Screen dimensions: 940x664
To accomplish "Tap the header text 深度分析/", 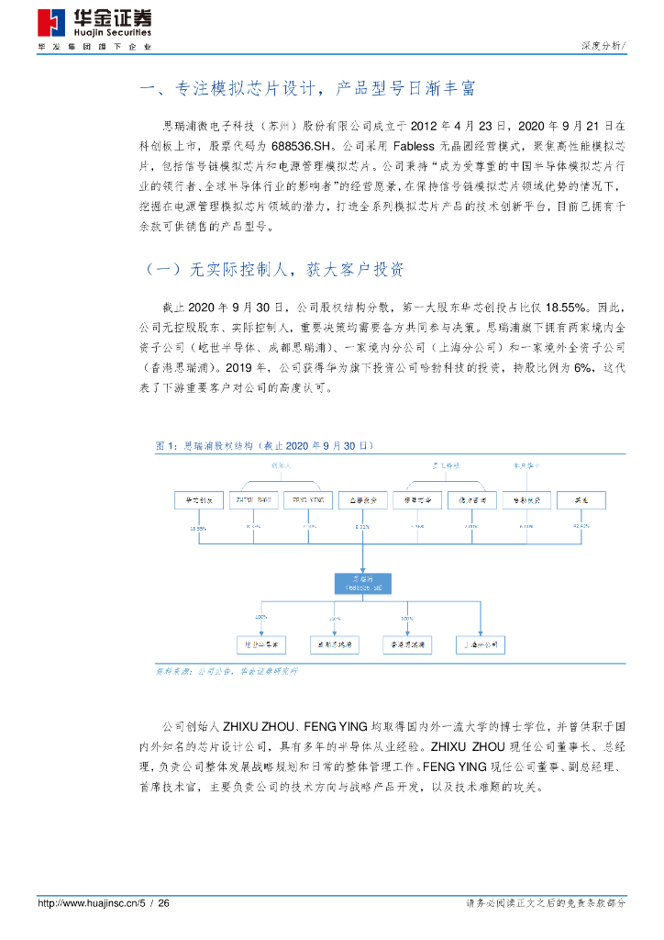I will [x=603, y=46].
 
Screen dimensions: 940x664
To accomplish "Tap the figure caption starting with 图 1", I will [x=265, y=444].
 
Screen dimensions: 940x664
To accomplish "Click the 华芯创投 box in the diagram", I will [x=199, y=500].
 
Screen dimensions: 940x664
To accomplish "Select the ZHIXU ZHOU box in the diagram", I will [x=253, y=500].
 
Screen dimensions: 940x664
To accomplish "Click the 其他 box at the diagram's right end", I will [x=580, y=500].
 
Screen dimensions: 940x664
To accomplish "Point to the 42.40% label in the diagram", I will [x=580, y=527].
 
